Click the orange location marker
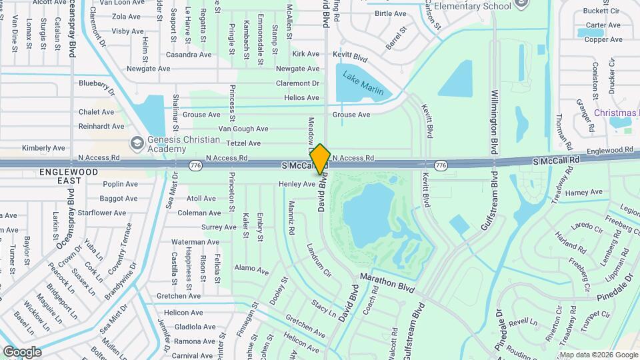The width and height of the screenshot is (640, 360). (x=320, y=159)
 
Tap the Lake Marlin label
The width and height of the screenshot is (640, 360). (x=363, y=83)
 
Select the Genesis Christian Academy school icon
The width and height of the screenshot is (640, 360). (x=137, y=143)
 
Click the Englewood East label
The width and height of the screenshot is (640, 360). (x=69, y=177)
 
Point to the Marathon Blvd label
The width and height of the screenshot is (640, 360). (x=387, y=283)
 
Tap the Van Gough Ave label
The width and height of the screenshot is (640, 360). (x=243, y=129)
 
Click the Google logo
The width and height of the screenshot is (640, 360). (x=22, y=351)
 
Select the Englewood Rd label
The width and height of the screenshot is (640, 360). (x=609, y=151)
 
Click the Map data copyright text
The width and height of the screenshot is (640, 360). (x=598, y=355)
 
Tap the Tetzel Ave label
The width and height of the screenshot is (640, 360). (x=243, y=143)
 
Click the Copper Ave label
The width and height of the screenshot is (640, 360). (x=603, y=39)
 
